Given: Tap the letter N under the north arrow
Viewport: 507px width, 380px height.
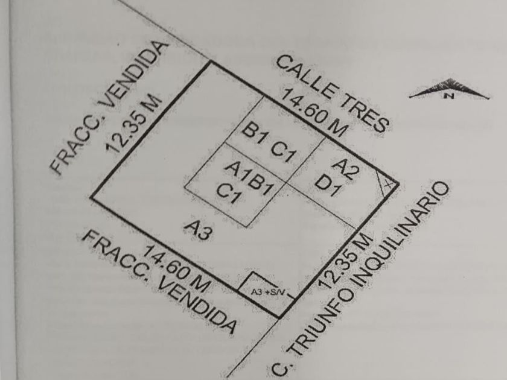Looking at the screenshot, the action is coord(448,95).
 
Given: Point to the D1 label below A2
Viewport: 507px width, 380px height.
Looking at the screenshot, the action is coord(330,183).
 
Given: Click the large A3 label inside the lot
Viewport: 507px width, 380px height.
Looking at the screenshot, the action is coord(199,230).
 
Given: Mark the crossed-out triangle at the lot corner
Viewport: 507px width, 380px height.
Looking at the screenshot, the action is coord(387,182).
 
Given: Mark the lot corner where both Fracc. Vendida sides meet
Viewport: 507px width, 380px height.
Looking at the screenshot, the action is coord(91,197).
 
